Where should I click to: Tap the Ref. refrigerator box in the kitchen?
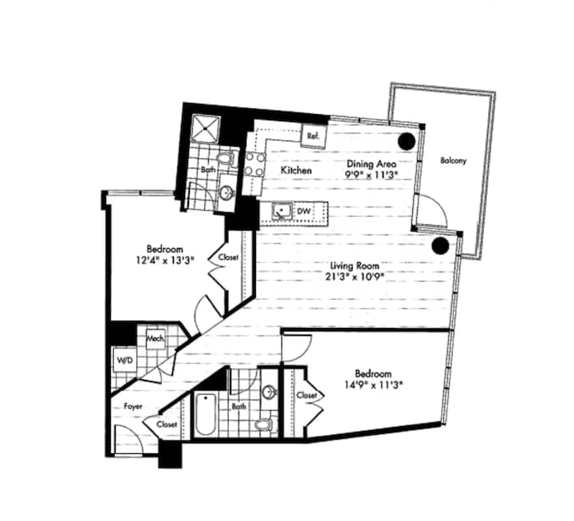coord(313,136)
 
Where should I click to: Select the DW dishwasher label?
coord(304,211)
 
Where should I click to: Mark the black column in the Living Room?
coord(438,247)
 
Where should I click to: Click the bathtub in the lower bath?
coord(206,416)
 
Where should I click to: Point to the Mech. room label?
coord(155,338)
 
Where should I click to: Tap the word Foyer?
coord(132,405)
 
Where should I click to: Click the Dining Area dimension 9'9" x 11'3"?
coord(372,173)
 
